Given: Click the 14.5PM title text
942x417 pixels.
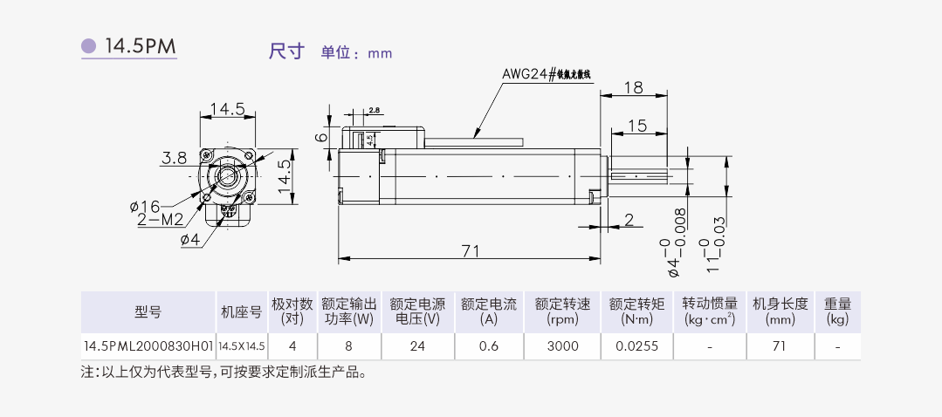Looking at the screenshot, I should (x=141, y=46).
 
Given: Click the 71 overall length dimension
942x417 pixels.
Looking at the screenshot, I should (x=471, y=251).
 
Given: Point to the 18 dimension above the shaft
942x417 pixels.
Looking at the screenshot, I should (x=634, y=86).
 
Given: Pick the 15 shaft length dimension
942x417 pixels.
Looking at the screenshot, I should (x=637, y=126).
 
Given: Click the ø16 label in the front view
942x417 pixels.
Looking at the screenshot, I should (x=145, y=206).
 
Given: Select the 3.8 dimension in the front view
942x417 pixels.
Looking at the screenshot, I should (x=174, y=158).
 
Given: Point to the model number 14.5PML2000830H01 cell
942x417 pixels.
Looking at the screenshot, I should (x=148, y=346).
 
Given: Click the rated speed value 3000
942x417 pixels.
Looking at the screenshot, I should (x=562, y=346).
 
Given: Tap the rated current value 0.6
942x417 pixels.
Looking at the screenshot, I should (x=489, y=346).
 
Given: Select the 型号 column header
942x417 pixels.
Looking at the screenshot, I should (x=148, y=311).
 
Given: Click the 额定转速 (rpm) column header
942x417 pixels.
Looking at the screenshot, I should (x=562, y=311).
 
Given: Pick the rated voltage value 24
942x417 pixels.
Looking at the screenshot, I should (x=417, y=346).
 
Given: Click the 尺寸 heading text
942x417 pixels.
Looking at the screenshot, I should (x=286, y=51).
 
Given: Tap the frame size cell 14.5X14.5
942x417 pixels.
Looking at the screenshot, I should (x=242, y=346).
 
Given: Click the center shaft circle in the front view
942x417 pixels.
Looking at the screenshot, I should (x=227, y=176).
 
